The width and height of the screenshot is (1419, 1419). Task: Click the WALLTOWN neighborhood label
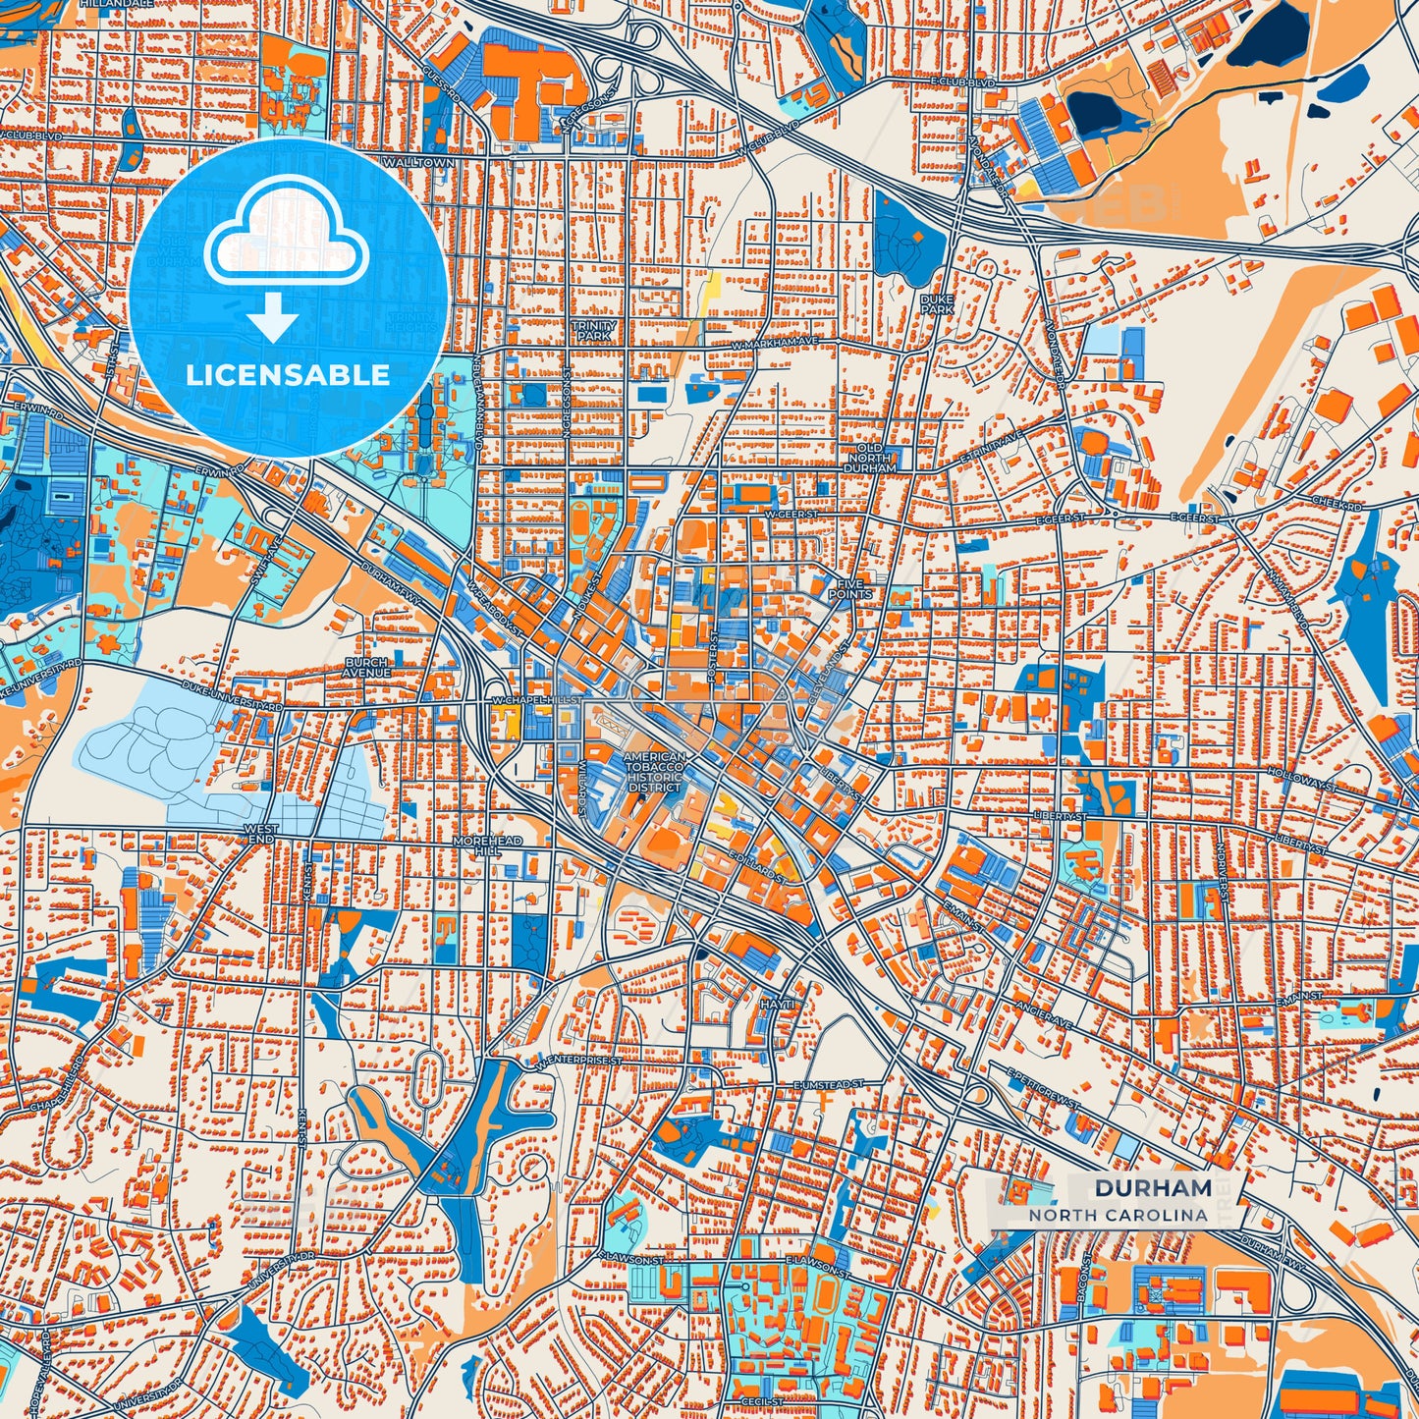pos(419,162)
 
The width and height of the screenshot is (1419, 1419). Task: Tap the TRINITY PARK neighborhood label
pos(594,331)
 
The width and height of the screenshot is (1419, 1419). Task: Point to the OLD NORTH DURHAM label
pos(869,459)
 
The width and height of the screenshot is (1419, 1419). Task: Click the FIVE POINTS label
pos(850,588)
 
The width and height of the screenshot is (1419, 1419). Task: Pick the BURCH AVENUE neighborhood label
pos(367,668)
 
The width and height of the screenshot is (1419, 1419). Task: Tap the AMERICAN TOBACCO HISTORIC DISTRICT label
pos(654,773)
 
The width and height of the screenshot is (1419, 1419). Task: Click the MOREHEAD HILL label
pos(487,846)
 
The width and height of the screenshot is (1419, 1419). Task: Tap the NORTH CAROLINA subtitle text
pos(1119,1215)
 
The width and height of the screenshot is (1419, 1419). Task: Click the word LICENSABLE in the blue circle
pos(288,374)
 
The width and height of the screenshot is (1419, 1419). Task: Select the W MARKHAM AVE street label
pos(775,343)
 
